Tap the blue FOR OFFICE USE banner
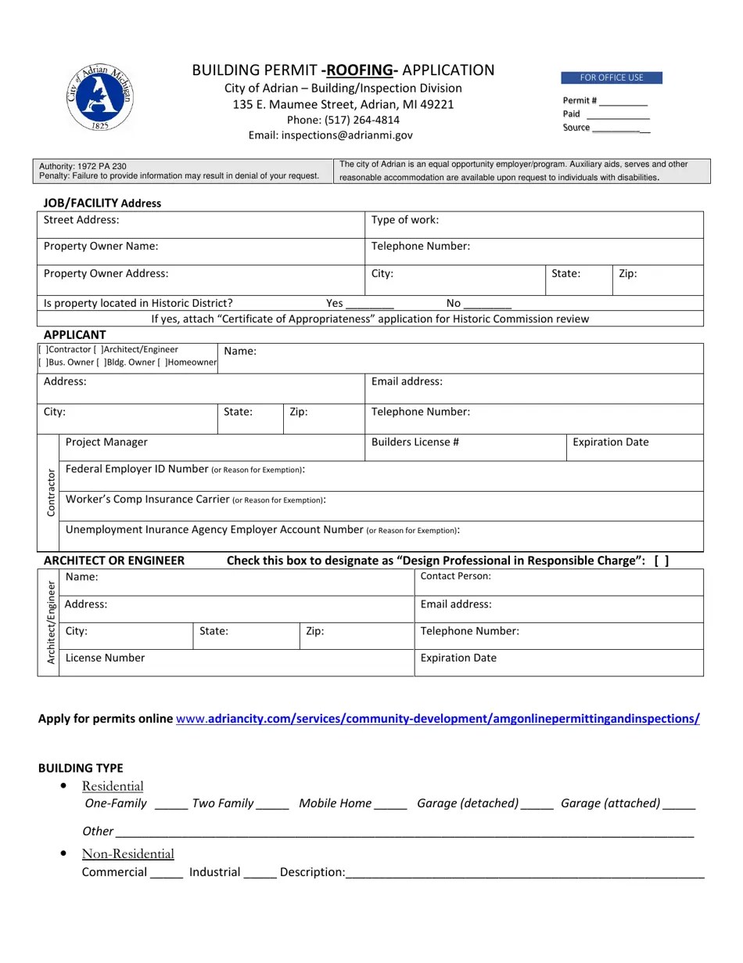(x=612, y=78)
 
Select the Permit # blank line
(x=624, y=102)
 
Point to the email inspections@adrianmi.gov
(x=331, y=135)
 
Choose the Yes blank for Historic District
(x=369, y=304)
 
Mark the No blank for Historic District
(x=488, y=304)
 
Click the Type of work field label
(x=405, y=220)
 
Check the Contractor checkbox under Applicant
(x=43, y=350)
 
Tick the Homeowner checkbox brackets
(x=161, y=362)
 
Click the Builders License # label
(x=415, y=442)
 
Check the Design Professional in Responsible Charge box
(x=662, y=561)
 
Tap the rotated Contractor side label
(x=51, y=492)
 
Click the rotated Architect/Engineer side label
(x=51, y=622)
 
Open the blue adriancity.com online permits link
(x=438, y=719)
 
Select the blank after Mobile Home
(x=390, y=804)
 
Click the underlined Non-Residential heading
(x=128, y=853)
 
